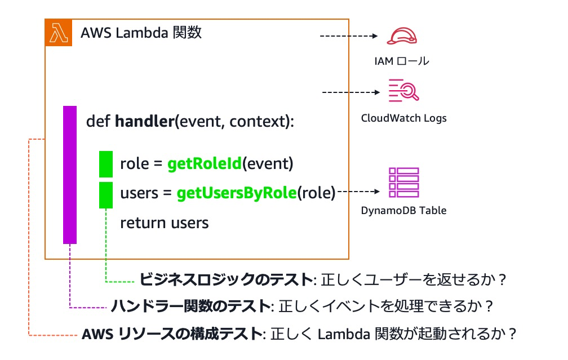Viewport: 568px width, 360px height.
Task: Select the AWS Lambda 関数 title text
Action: [x=141, y=33]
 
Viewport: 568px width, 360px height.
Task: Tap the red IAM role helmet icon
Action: [x=402, y=36]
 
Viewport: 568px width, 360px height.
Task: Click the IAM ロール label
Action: [x=402, y=61]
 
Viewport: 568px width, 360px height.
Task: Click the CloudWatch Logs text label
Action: [x=403, y=118]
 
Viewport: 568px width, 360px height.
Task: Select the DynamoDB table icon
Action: [x=403, y=183]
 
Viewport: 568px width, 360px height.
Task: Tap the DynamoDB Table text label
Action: [x=403, y=211]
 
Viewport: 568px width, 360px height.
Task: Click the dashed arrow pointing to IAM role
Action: [x=348, y=36]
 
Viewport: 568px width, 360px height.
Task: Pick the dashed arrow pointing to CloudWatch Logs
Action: [x=349, y=92]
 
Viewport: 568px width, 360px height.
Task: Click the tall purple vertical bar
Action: [x=70, y=175]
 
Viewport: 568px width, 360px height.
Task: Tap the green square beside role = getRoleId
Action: [x=106, y=164]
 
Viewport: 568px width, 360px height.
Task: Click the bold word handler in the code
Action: [x=144, y=122]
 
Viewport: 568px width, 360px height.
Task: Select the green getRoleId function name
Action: [x=204, y=164]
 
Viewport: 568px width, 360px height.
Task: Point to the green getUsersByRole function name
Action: [x=236, y=193]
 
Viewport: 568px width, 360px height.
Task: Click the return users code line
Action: [x=164, y=223]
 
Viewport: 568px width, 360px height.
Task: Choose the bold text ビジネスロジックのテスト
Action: [x=225, y=279]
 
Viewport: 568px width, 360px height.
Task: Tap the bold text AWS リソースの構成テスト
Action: [x=172, y=334]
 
